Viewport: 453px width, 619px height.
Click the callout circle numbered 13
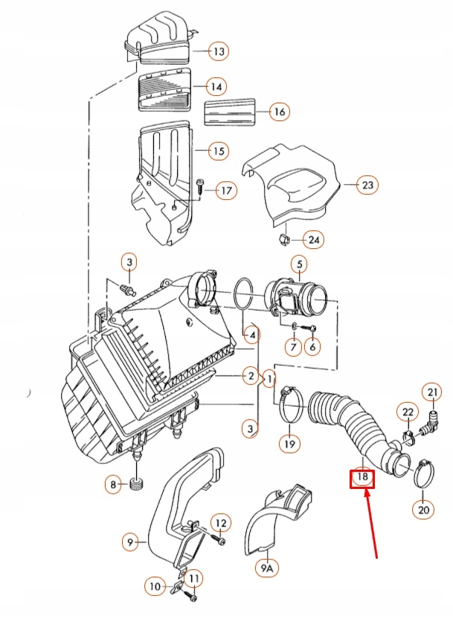tap(218, 52)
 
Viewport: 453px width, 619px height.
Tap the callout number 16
tap(279, 112)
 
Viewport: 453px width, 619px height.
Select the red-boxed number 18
tap(362, 476)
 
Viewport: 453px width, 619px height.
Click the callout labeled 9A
tap(266, 568)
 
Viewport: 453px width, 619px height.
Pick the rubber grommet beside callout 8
tap(135, 485)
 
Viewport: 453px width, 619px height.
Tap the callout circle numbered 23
tap(367, 185)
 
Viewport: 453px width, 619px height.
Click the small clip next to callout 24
tap(281, 239)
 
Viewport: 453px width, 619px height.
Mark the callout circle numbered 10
tap(155, 586)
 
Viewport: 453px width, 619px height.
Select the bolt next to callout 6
tap(312, 328)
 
